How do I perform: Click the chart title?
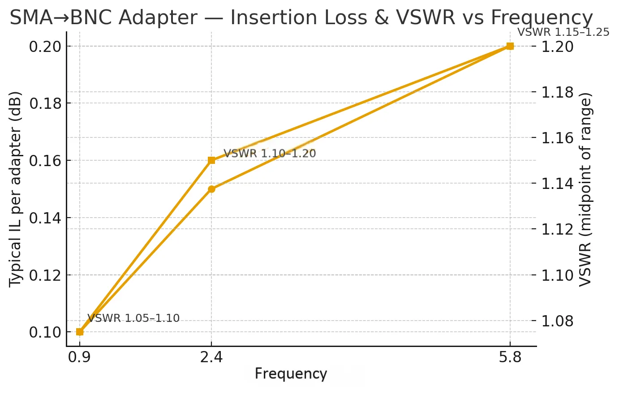click(301, 18)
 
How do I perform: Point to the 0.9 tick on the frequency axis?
click(80, 358)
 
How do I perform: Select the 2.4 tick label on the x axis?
click(211, 358)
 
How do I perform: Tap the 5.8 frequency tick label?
click(510, 358)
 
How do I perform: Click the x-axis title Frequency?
click(291, 374)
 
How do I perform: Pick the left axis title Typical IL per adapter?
click(16, 188)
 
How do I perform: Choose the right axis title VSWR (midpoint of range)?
click(586, 188)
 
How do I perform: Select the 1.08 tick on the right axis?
click(558, 321)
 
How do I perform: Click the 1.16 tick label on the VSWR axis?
click(558, 137)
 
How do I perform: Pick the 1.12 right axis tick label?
click(558, 229)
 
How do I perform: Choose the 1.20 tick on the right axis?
click(558, 46)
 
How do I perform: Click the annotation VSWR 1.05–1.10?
click(133, 318)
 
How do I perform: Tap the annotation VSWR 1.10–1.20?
click(270, 154)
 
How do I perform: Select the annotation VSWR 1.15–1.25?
click(563, 32)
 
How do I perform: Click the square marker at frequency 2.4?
click(211, 160)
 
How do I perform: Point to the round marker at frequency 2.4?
click(211, 189)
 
